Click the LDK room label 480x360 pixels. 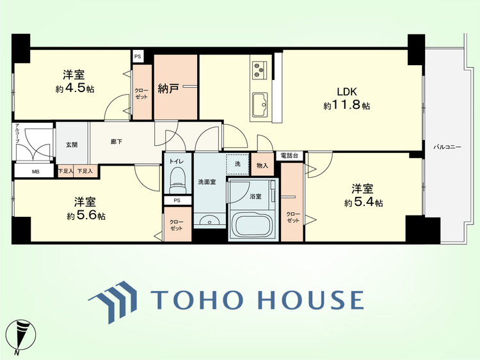pyautogui.click(x=346, y=91)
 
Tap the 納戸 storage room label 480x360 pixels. pyautogui.click(x=168, y=89)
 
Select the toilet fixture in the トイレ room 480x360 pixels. pyautogui.click(x=177, y=180)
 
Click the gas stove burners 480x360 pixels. pyautogui.click(x=259, y=70)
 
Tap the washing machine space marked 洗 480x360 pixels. pyautogui.click(x=237, y=164)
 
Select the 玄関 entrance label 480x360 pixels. pyautogui.click(x=72, y=145)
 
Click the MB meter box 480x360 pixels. pyautogui.click(x=35, y=171)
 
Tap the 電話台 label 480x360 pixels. pyautogui.click(x=289, y=155)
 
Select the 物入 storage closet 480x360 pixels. pyautogui.click(x=262, y=164)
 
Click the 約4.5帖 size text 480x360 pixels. pyautogui.click(x=75, y=89)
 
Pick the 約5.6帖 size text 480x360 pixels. pyautogui.click(x=86, y=216)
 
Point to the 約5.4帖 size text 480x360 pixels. pyautogui.click(x=364, y=203)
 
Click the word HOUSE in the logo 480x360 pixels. pyautogui.click(x=310, y=300)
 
